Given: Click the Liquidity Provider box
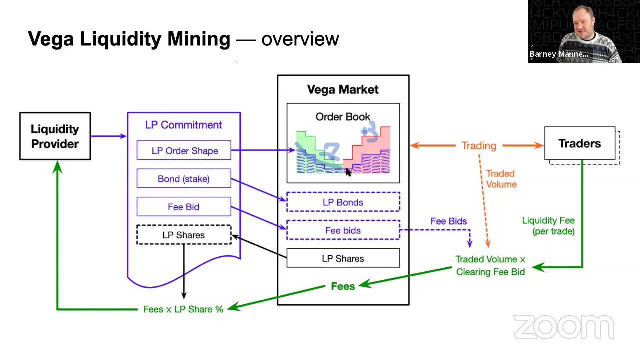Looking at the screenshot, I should [x=55, y=136].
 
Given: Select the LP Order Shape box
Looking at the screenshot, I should [x=184, y=151].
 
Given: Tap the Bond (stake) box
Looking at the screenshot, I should [x=184, y=179].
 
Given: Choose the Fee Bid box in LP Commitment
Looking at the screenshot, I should [x=184, y=207].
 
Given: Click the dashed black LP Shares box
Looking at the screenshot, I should [x=184, y=235].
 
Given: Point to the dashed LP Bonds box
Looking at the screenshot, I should [x=343, y=202].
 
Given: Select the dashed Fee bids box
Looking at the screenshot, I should [x=343, y=230].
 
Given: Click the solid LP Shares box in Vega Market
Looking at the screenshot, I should [x=343, y=258].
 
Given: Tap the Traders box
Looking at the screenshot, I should [x=580, y=144].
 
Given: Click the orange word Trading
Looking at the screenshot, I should [x=478, y=146].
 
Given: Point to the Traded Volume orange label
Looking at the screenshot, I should [x=501, y=179].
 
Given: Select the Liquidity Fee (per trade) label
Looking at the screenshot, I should [x=548, y=226].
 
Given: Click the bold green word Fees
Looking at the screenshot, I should [x=343, y=286].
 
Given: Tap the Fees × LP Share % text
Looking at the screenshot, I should [x=183, y=309].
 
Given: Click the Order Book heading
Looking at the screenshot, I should [x=343, y=117].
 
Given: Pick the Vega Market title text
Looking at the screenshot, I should [x=343, y=90].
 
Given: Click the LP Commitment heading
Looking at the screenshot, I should [x=184, y=125].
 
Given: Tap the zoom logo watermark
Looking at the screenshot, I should [x=564, y=327].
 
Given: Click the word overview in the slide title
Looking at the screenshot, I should [x=300, y=39].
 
